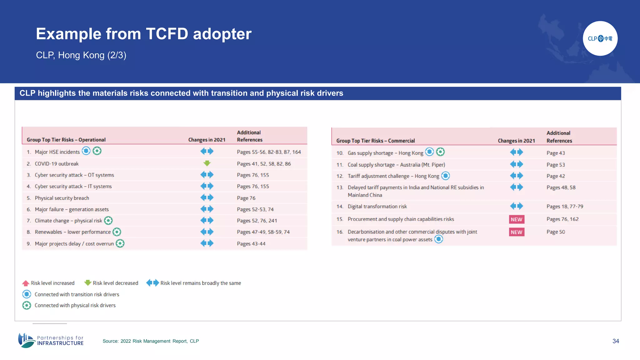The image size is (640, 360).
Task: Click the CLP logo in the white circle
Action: (600, 38)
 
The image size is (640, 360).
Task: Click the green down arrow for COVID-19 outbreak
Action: (207, 163)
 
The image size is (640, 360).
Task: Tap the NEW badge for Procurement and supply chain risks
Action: (516, 219)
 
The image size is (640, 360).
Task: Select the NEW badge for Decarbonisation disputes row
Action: (516, 232)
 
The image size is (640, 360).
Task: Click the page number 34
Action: (616, 341)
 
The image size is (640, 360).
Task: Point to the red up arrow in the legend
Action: (26, 283)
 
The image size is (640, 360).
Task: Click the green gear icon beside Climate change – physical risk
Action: (108, 221)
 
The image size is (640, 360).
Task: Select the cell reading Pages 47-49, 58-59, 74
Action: (263, 232)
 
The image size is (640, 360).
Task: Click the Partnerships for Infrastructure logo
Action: (51, 340)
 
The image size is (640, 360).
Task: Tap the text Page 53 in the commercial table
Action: (556, 165)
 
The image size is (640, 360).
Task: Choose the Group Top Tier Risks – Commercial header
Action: (375, 141)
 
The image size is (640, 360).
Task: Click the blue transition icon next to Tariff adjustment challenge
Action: (445, 176)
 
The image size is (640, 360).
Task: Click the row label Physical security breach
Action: (62, 198)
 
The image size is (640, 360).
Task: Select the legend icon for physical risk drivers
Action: (27, 305)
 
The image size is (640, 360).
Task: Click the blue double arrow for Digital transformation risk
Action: (516, 206)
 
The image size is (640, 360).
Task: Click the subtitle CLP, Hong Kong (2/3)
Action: (81, 55)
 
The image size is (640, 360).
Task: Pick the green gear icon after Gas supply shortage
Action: (440, 152)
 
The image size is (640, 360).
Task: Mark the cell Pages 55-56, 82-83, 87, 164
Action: (269, 152)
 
